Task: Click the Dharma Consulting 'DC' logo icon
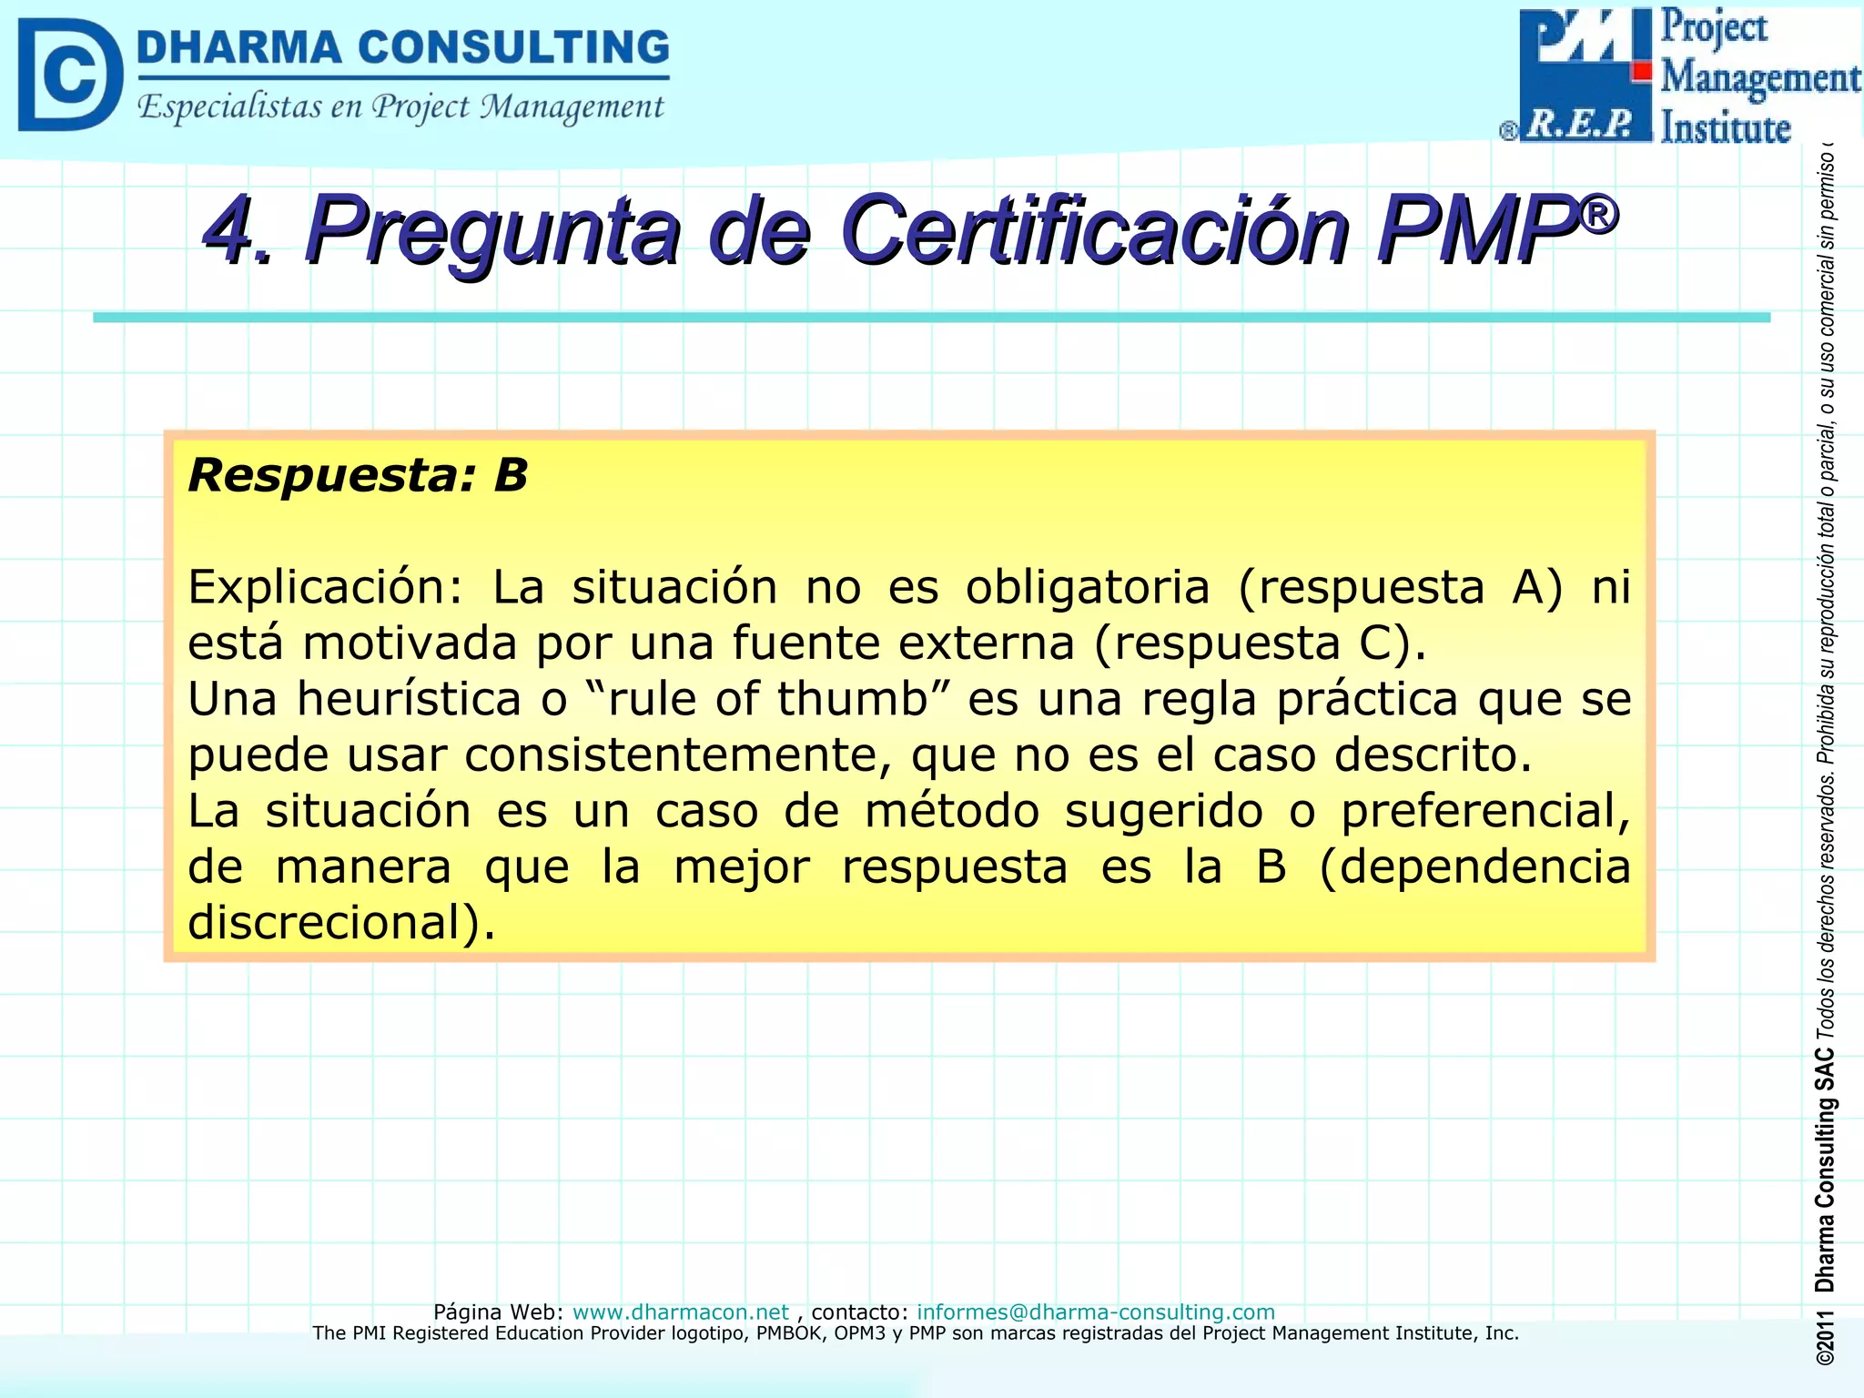(x=69, y=75)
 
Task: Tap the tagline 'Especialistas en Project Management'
(x=400, y=107)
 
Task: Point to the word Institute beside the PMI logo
(x=1726, y=128)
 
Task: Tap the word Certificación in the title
(x=1093, y=229)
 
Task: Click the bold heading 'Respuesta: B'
(x=358, y=475)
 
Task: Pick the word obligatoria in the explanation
(x=1088, y=587)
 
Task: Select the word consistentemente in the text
(x=677, y=755)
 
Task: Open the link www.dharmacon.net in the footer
(x=681, y=1312)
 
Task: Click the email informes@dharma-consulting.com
(x=1096, y=1312)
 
